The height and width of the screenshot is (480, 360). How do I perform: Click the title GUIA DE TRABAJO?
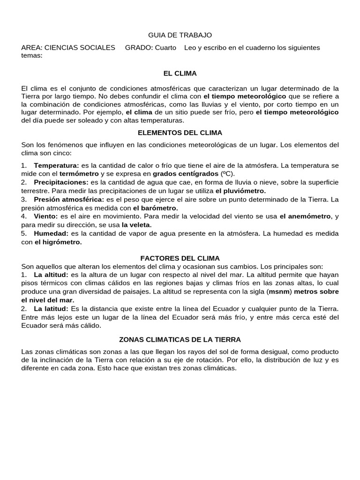[x=180, y=35]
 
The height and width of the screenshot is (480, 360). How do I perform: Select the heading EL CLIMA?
[x=180, y=74]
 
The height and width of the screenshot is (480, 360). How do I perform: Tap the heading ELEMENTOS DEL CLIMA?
[x=180, y=133]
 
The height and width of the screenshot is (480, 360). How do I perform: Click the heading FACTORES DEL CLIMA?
[x=180, y=258]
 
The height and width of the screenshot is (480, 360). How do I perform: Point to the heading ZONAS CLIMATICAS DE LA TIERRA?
[x=180, y=339]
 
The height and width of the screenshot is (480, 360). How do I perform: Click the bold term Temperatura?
[x=56, y=165]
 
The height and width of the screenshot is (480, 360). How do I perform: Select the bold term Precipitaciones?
[x=61, y=182]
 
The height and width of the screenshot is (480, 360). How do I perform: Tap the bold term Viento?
[x=45, y=216]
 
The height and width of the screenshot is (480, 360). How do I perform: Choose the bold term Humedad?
[x=51, y=233]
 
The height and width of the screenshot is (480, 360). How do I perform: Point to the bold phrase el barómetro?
[x=155, y=208]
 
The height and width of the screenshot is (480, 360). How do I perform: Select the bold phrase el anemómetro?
[x=305, y=216]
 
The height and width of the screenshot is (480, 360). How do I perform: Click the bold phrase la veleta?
[x=136, y=225]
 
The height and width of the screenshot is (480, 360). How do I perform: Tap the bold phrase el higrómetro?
[x=58, y=242]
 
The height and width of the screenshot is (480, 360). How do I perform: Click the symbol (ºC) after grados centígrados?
[x=227, y=173]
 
